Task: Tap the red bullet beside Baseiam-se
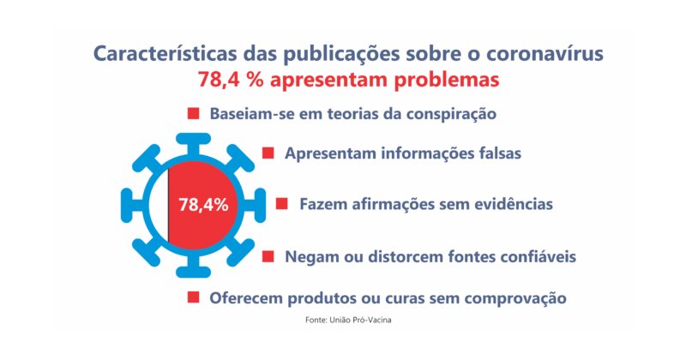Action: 193,112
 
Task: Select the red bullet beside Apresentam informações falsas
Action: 268,153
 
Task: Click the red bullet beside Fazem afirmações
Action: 281,204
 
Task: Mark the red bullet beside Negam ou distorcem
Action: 268,255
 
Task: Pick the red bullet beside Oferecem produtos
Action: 193,297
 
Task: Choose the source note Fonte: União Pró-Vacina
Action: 348,320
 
